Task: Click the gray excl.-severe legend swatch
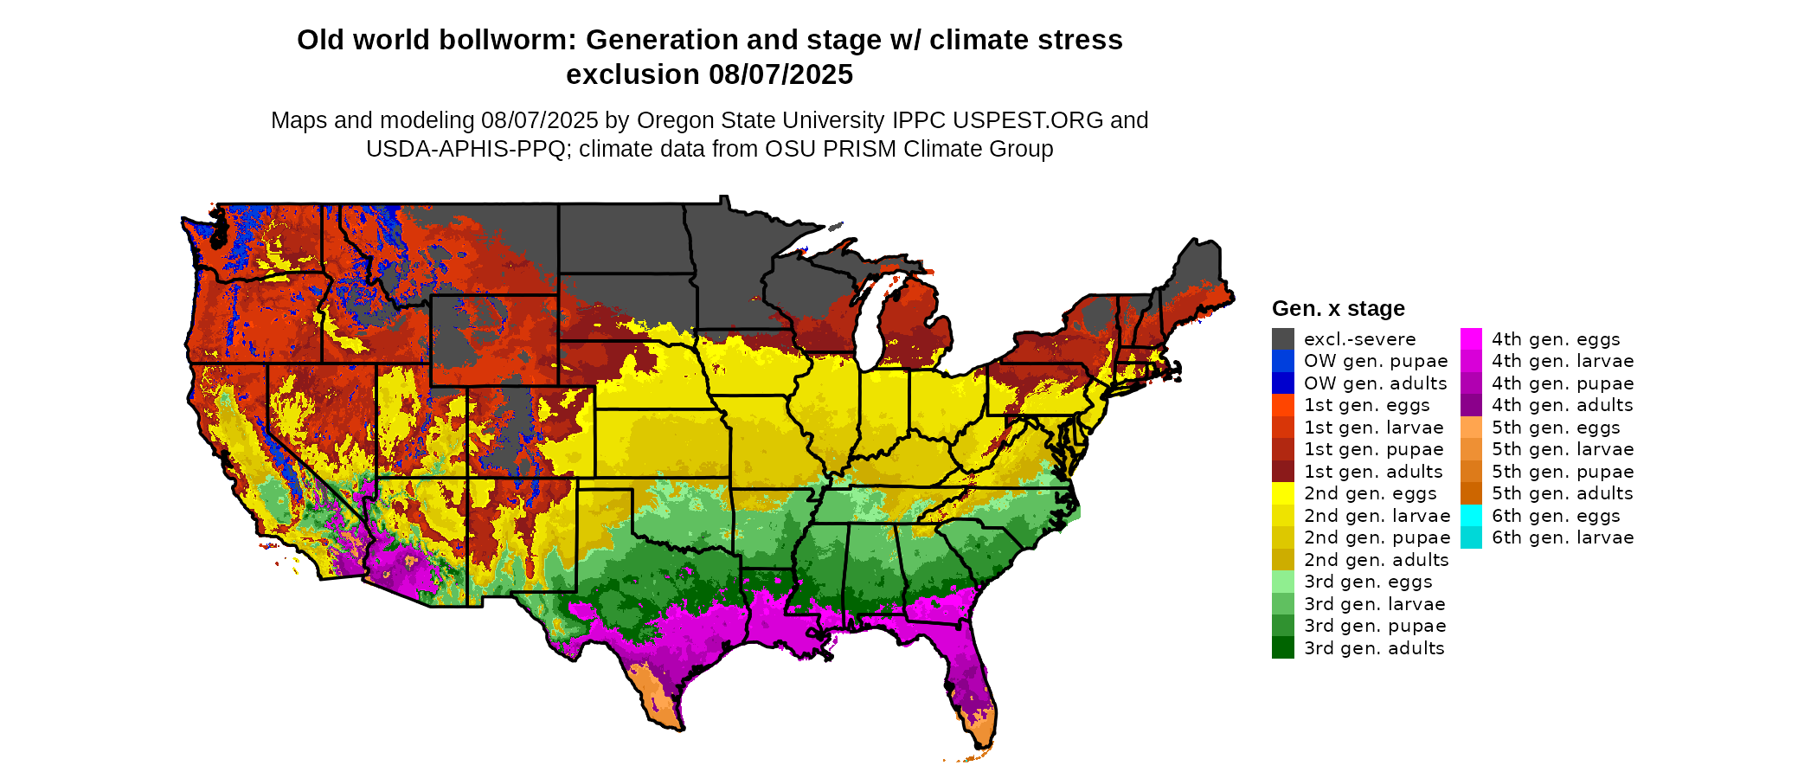point(1282,339)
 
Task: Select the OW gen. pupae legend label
point(1376,361)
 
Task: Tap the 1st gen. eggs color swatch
point(1282,405)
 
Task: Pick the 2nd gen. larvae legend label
point(1377,516)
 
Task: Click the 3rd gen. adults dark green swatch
point(1282,648)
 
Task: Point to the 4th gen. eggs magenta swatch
point(1471,339)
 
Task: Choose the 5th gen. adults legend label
point(1563,493)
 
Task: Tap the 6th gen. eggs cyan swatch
point(1471,516)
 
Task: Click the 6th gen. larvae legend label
point(1563,537)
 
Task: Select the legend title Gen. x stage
point(1338,308)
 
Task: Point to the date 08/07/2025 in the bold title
point(780,74)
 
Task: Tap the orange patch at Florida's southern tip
point(982,732)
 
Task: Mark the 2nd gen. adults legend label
point(1376,560)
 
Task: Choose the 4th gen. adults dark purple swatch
point(1471,405)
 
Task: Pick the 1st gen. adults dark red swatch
point(1282,472)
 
